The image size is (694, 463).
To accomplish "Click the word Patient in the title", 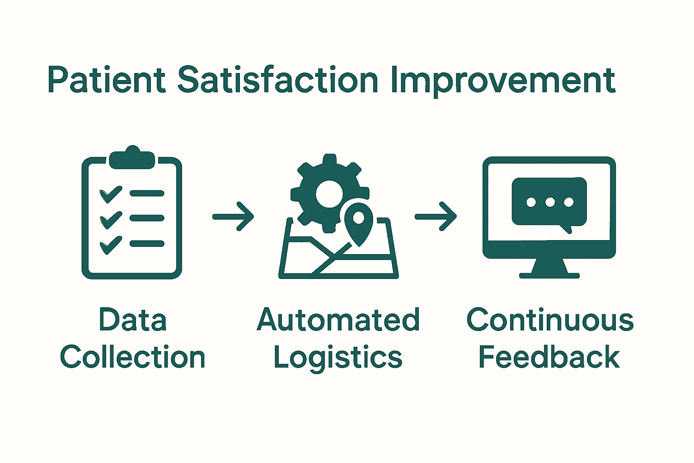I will click(106, 80).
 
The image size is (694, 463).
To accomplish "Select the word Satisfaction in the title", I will click(277, 80).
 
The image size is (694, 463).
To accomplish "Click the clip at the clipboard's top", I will click(132, 158).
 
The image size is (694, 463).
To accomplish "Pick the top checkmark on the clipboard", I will click(111, 194).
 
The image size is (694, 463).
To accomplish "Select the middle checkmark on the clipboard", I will click(111, 219).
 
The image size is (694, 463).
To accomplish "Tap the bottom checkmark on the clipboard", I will click(111, 245).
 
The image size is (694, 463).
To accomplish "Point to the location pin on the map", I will click(359, 222).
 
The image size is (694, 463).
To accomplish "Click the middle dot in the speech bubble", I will click(550, 202).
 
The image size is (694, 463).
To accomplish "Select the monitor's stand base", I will click(549, 274).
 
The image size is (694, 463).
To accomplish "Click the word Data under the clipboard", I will click(132, 320).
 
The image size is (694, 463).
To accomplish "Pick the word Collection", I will click(132, 357).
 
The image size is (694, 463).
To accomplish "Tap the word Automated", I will click(338, 320).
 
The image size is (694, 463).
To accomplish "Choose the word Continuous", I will click(550, 320).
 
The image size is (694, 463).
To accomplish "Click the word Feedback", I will click(549, 357).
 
